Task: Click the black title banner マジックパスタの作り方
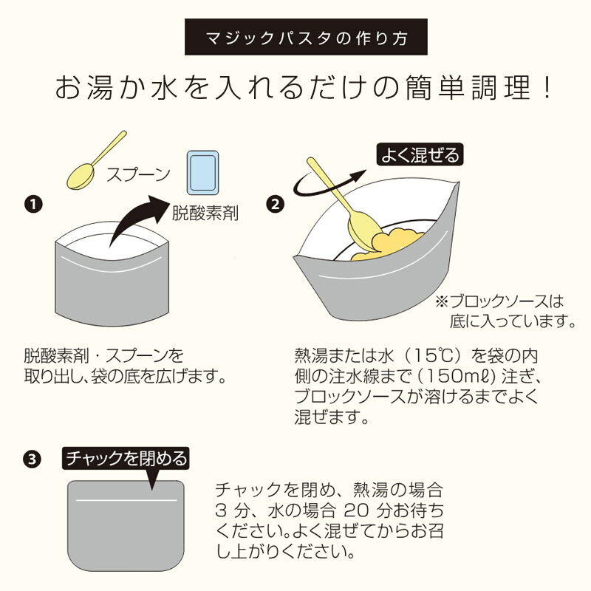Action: tap(306, 37)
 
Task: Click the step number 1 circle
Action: tap(33, 204)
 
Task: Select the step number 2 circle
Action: tap(275, 204)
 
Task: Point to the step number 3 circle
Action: tap(32, 459)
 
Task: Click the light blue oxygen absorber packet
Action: tap(202, 173)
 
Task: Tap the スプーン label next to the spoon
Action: tap(138, 174)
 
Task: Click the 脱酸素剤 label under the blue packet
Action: tap(205, 213)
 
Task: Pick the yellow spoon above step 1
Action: tap(97, 160)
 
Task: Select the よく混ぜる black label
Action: tap(420, 154)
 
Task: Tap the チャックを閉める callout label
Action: tap(126, 458)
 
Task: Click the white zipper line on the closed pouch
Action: tap(126, 500)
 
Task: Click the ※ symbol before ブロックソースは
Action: tap(442, 301)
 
